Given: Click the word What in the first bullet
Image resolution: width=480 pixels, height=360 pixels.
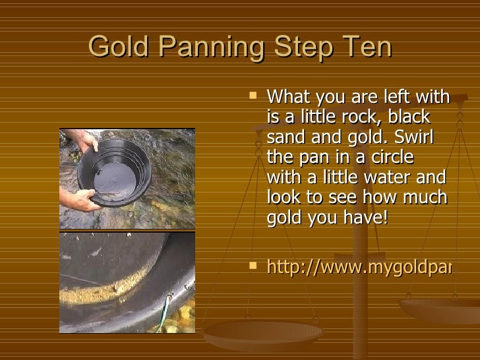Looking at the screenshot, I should click(287, 98).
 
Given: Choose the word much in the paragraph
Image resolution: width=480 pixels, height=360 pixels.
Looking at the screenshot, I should click(429, 198).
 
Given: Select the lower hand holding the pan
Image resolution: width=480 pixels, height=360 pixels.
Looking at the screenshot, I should click(78, 198).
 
